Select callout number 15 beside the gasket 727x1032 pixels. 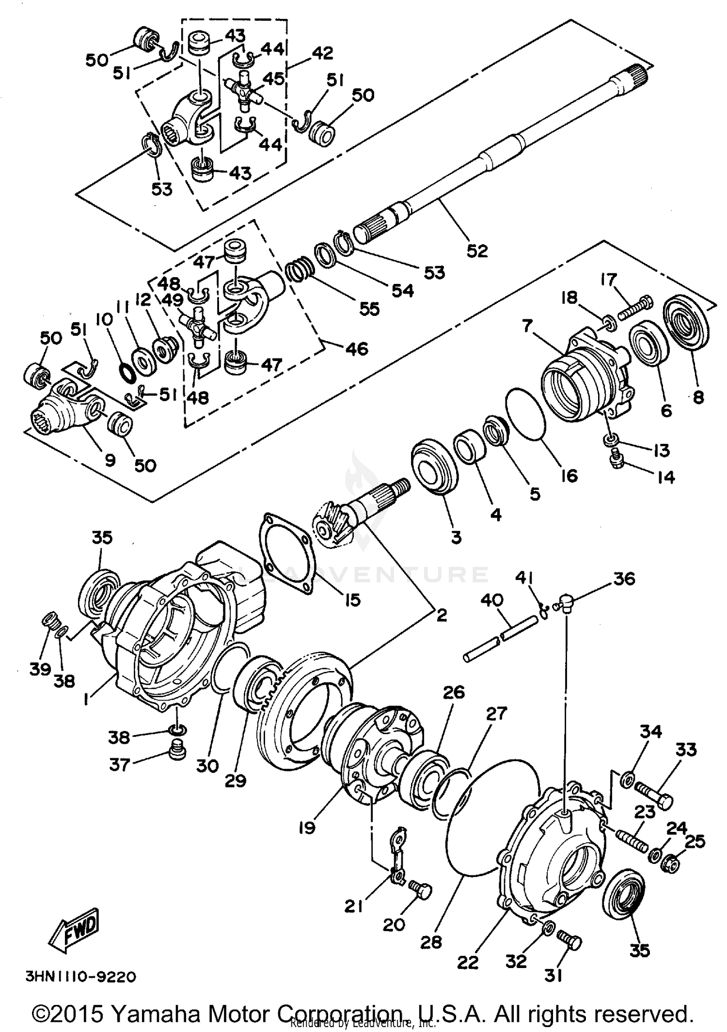(x=352, y=600)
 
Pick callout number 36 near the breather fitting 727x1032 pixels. (x=624, y=579)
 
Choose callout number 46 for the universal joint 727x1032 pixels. (x=357, y=348)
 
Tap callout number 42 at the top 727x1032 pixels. (x=322, y=53)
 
